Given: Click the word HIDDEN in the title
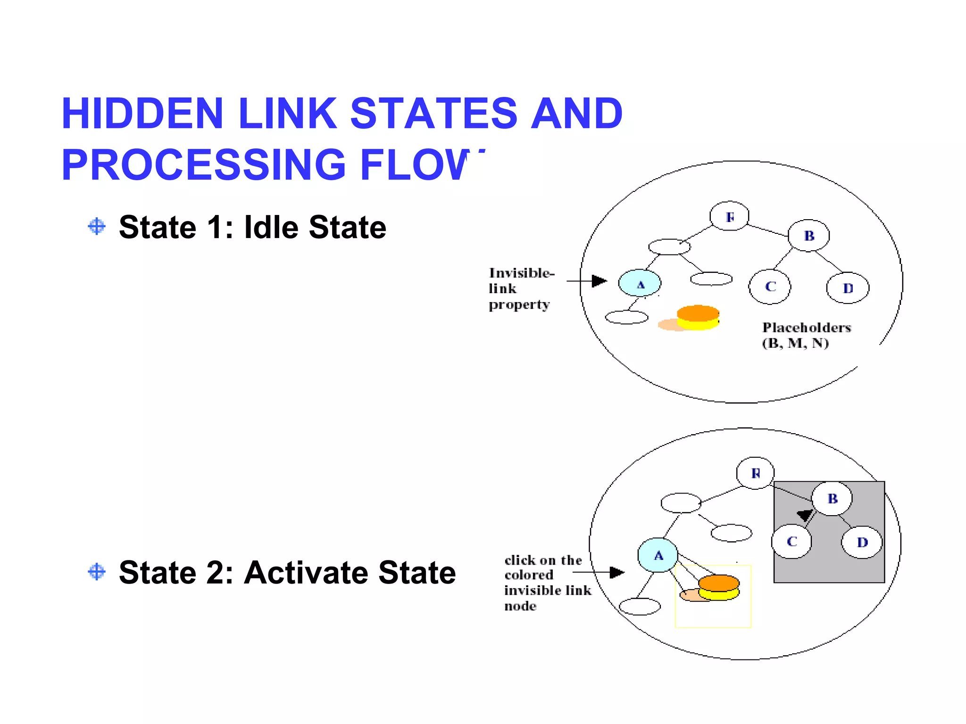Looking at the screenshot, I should pyautogui.click(x=142, y=114).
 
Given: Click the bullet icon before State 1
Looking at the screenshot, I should pyautogui.click(x=97, y=227).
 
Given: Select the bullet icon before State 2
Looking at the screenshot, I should pyautogui.click(x=97, y=572).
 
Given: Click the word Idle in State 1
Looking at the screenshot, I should pyautogui.click(x=271, y=227).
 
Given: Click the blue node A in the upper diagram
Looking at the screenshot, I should pyautogui.click(x=640, y=283).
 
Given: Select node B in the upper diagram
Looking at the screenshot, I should pyautogui.click(x=808, y=235).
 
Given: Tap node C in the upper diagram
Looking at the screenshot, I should pyautogui.click(x=770, y=287).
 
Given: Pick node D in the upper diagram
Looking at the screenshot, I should pyautogui.click(x=848, y=288).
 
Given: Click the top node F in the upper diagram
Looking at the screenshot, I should pyautogui.click(x=729, y=216).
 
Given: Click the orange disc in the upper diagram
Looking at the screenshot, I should pyautogui.click(x=698, y=313).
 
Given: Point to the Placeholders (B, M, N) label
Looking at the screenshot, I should pyautogui.click(x=806, y=335).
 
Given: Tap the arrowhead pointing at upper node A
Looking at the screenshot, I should pyautogui.click(x=599, y=281).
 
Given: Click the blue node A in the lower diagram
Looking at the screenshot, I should pyautogui.click(x=658, y=555).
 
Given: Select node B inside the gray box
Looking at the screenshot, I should pyautogui.click(x=832, y=498).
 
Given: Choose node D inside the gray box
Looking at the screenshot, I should pyautogui.click(x=862, y=542).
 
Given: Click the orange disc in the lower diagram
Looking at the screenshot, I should pyautogui.click(x=718, y=583).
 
